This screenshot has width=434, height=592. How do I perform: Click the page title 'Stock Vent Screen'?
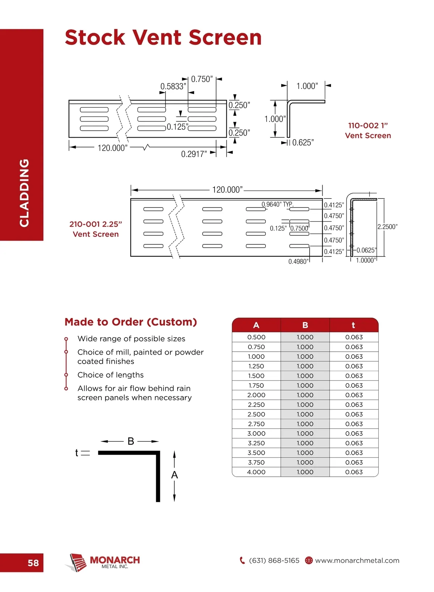click(x=163, y=38)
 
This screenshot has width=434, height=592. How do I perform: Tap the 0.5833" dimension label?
click(x=173, y=86)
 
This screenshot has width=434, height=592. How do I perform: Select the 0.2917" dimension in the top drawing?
click(x=194, y=154)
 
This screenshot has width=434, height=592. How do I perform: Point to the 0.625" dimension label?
click(x=303, y=143)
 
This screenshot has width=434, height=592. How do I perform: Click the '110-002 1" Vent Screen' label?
click(x=368, y=130)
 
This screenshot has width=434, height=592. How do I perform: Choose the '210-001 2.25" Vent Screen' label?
click(x=96, y=229)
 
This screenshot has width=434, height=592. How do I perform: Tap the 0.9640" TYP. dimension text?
click(x=277, y=204)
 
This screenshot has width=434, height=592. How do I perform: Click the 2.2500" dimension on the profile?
click(x=387, y=227)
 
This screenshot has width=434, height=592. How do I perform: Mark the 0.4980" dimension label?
click(x=298, y=261)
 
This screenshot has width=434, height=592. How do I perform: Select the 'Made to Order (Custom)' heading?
click(x=131, y=322)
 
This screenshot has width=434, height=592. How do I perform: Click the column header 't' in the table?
click(x=353, y=325)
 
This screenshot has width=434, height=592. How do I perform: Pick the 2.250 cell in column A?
click(x=256, y=405)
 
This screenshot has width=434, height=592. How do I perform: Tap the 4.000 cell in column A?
click(x=256, y=472)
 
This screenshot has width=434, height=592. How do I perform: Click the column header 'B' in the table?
click(x=305, y=325)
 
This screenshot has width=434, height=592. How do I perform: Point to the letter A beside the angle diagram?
click(x=174, y=475)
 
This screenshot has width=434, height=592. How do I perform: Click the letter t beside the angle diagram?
click(x=76, y=452)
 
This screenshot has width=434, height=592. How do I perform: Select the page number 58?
click(x=33, y=563)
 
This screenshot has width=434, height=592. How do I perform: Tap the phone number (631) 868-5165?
click(x=274, y=561)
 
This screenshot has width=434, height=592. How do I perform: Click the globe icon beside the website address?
click(x=309, y=561)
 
